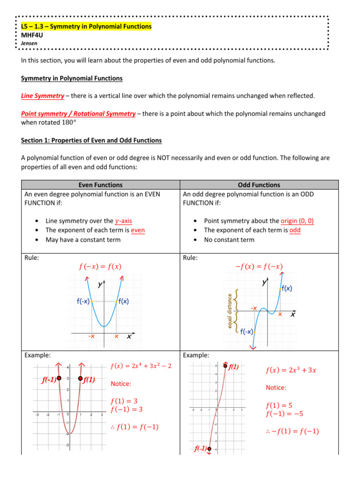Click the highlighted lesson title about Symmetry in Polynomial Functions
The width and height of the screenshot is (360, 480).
click(86, 26)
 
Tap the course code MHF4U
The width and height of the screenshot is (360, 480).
click(32, 35)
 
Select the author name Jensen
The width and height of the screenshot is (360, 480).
click(29, 43)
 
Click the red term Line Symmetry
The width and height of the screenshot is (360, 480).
click(43, 96)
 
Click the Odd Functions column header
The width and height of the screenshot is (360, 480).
click(259, 185)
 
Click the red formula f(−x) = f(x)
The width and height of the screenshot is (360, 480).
click(100, 267)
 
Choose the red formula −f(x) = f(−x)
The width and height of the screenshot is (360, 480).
click(259, 267)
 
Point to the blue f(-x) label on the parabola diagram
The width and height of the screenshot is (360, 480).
click(83, 302)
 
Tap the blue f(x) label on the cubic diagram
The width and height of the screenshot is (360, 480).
click(286, 289)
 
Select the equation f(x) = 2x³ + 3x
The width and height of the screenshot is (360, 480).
click(291, 370)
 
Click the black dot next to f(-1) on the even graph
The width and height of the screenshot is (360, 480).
click(59, 378)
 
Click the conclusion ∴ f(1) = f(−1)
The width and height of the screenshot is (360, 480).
click(133, 426)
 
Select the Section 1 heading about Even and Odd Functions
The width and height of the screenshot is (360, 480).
click(91, 140)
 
